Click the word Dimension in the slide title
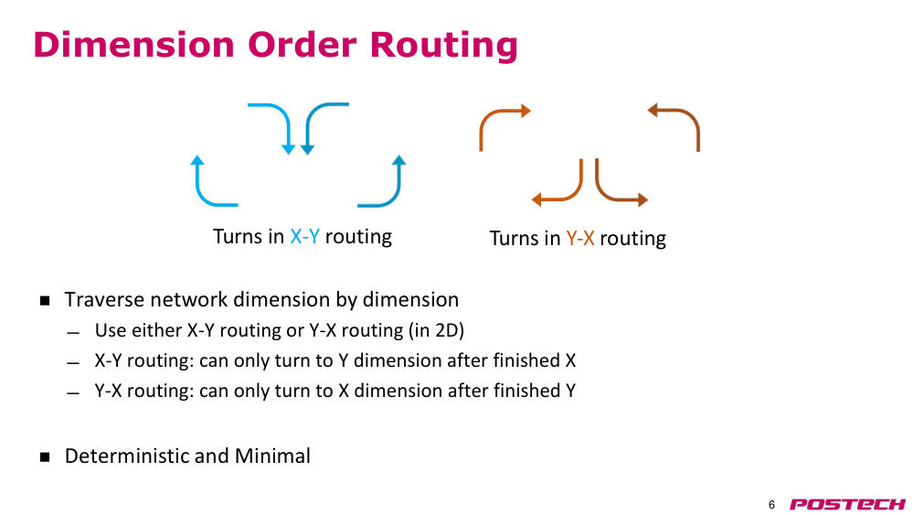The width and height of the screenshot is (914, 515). coord(133,44)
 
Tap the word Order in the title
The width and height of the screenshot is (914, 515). coord(302,44)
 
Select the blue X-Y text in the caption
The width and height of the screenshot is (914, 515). coord(305,236)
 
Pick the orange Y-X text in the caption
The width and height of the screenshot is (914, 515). coord(580,238)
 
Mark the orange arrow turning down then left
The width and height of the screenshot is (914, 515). coord(574,192)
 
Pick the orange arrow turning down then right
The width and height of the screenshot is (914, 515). coord(604,192)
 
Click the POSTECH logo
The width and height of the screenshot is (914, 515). coord(847,504)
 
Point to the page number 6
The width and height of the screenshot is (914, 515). coord(771,505)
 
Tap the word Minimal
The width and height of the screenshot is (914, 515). coord(272,456)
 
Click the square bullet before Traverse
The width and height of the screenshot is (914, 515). coord(45,301)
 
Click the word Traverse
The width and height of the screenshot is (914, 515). coord(105,299)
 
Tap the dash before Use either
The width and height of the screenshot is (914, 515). coord(73,333)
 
